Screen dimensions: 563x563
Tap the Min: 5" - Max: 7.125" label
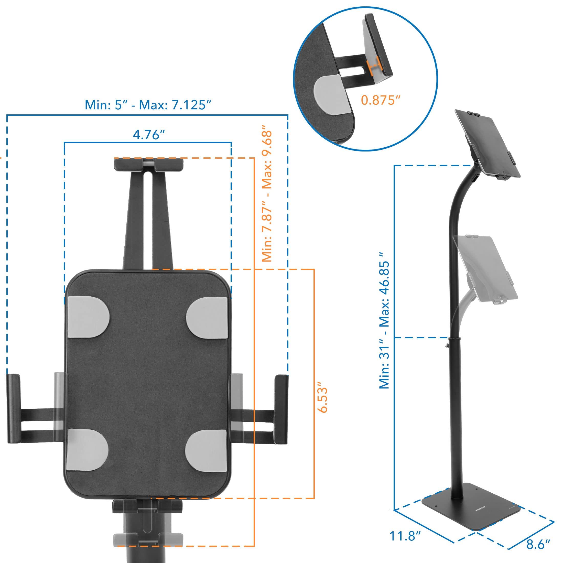[148, 105]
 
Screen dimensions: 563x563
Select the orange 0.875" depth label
[379, 100]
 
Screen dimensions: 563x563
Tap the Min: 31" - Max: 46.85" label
[385, 321]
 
